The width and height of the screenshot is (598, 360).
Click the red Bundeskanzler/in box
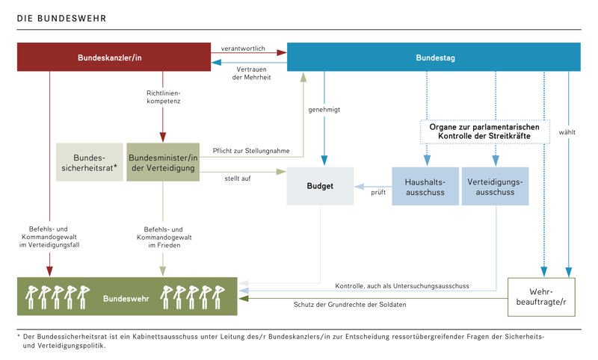point(114,58)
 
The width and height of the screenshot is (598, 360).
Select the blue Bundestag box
point(434,58)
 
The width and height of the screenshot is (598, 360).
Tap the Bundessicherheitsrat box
point(88,163)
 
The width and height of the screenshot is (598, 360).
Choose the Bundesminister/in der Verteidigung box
point(164,163)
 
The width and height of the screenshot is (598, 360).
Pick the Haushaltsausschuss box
point(424,186)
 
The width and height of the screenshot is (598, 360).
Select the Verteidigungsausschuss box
point(495,186)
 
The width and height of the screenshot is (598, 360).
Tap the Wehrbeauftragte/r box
point(543,296)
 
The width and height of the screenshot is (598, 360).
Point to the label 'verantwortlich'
point(245,48)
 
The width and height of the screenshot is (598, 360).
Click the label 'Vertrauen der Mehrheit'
point(250,73)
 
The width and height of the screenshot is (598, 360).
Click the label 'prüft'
point(378,192)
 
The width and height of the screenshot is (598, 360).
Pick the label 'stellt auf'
point(236,179)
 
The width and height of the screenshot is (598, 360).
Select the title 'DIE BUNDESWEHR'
point(51,16)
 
